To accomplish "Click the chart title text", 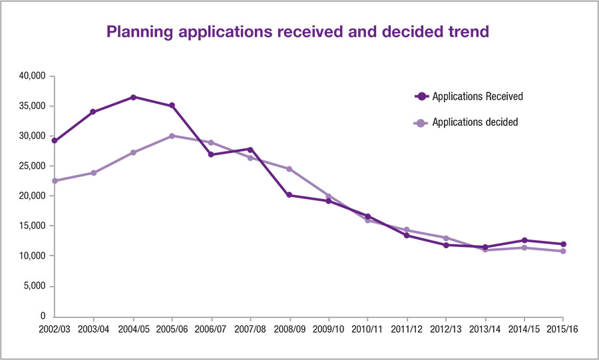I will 299,32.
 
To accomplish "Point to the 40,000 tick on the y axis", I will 32,76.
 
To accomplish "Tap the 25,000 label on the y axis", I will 32,166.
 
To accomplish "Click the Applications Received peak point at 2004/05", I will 133,97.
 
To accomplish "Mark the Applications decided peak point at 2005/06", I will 172,136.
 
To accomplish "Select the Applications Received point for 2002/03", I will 55,140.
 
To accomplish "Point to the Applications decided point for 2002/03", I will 55,180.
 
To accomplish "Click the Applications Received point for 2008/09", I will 290,195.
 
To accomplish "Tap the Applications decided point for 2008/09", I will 290,169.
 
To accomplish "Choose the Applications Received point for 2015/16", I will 563,244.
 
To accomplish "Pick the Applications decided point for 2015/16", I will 563,251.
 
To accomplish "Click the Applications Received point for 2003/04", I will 94,112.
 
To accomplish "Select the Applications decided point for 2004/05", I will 133,152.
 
